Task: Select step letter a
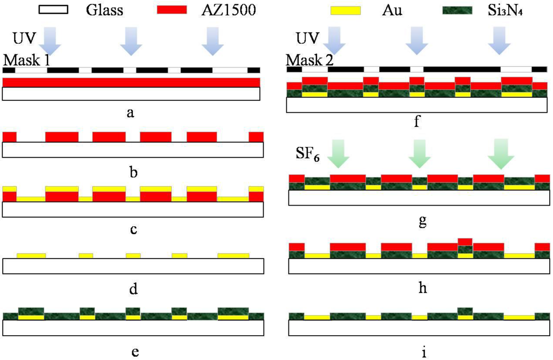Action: pos(130,112)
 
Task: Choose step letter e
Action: pos(135,352)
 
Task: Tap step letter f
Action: pos(416,123)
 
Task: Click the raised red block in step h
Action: pos(465,241)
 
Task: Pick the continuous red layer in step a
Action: pos(131,82)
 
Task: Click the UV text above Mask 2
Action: pos(306,39)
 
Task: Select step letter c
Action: pos(133,229)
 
